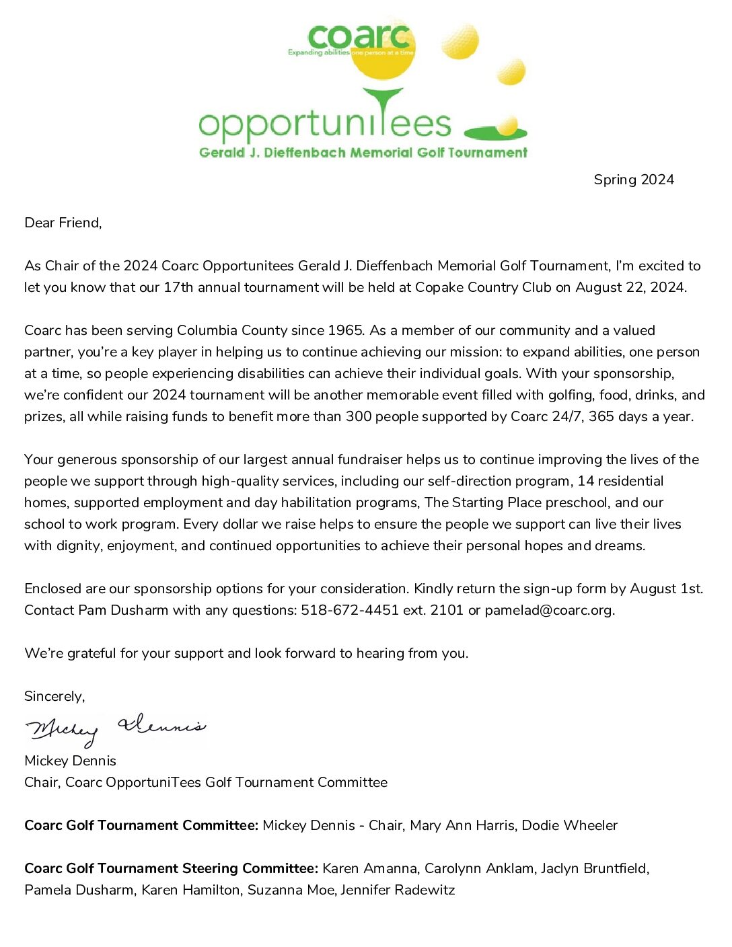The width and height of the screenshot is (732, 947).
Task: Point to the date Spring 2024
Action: click(x=634, y=180)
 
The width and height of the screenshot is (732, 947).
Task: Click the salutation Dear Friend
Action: click(x=63, y=223)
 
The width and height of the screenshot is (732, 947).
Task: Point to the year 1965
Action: click(x=346, y=330)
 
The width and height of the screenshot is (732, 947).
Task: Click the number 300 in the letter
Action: click(x=359, y=416)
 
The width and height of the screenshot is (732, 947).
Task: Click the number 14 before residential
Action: click(x=586, y=481)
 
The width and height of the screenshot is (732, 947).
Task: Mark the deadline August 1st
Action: click(x=666, y=589)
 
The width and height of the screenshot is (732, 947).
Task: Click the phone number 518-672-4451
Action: click(x=350, y=610)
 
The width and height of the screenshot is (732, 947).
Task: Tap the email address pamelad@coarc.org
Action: click(x=549, y=610)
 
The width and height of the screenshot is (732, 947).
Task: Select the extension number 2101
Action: click(x=447, y=610)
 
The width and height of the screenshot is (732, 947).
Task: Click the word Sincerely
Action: click(x=54, y=696)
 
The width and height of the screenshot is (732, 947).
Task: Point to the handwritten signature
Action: click(x=114, y=728)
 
